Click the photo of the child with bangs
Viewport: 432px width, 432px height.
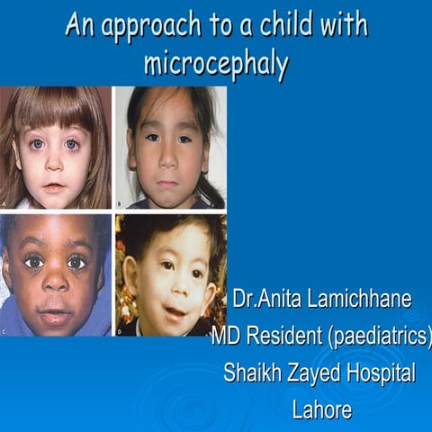(56, 148)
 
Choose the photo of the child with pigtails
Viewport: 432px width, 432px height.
(170, 148)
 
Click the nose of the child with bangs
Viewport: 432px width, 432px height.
(54, 162)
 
